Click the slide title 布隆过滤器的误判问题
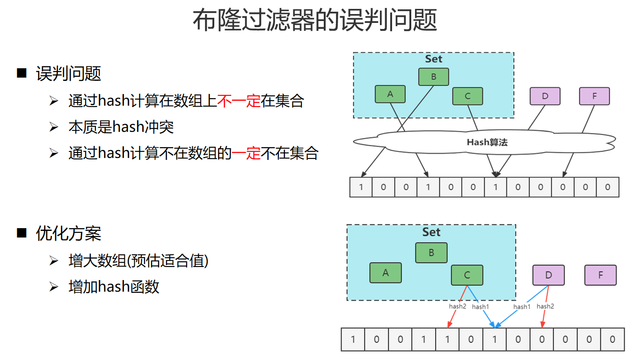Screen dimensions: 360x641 point(315,21)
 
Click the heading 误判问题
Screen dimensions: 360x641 point(68,73)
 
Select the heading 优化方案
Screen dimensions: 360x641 point(68,233)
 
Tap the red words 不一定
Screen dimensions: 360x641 point(239,101)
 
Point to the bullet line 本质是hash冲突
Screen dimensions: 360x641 point(121,127)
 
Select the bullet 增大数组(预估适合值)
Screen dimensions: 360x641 point(138,260)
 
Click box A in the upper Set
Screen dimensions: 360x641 point(390,94)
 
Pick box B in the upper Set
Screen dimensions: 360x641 point(433,77)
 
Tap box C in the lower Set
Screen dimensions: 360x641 point(466,275)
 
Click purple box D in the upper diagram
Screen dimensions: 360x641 point(545,96)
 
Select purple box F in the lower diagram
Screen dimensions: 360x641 point(600,275)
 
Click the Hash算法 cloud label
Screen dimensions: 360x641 point(487,142)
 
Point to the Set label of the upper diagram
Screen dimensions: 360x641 point(433,59)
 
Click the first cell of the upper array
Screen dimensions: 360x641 point(361,187)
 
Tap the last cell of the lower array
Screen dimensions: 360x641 point(612,339)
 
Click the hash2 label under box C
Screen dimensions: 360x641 point(458,307)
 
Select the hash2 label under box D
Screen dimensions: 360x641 point(545,306)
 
